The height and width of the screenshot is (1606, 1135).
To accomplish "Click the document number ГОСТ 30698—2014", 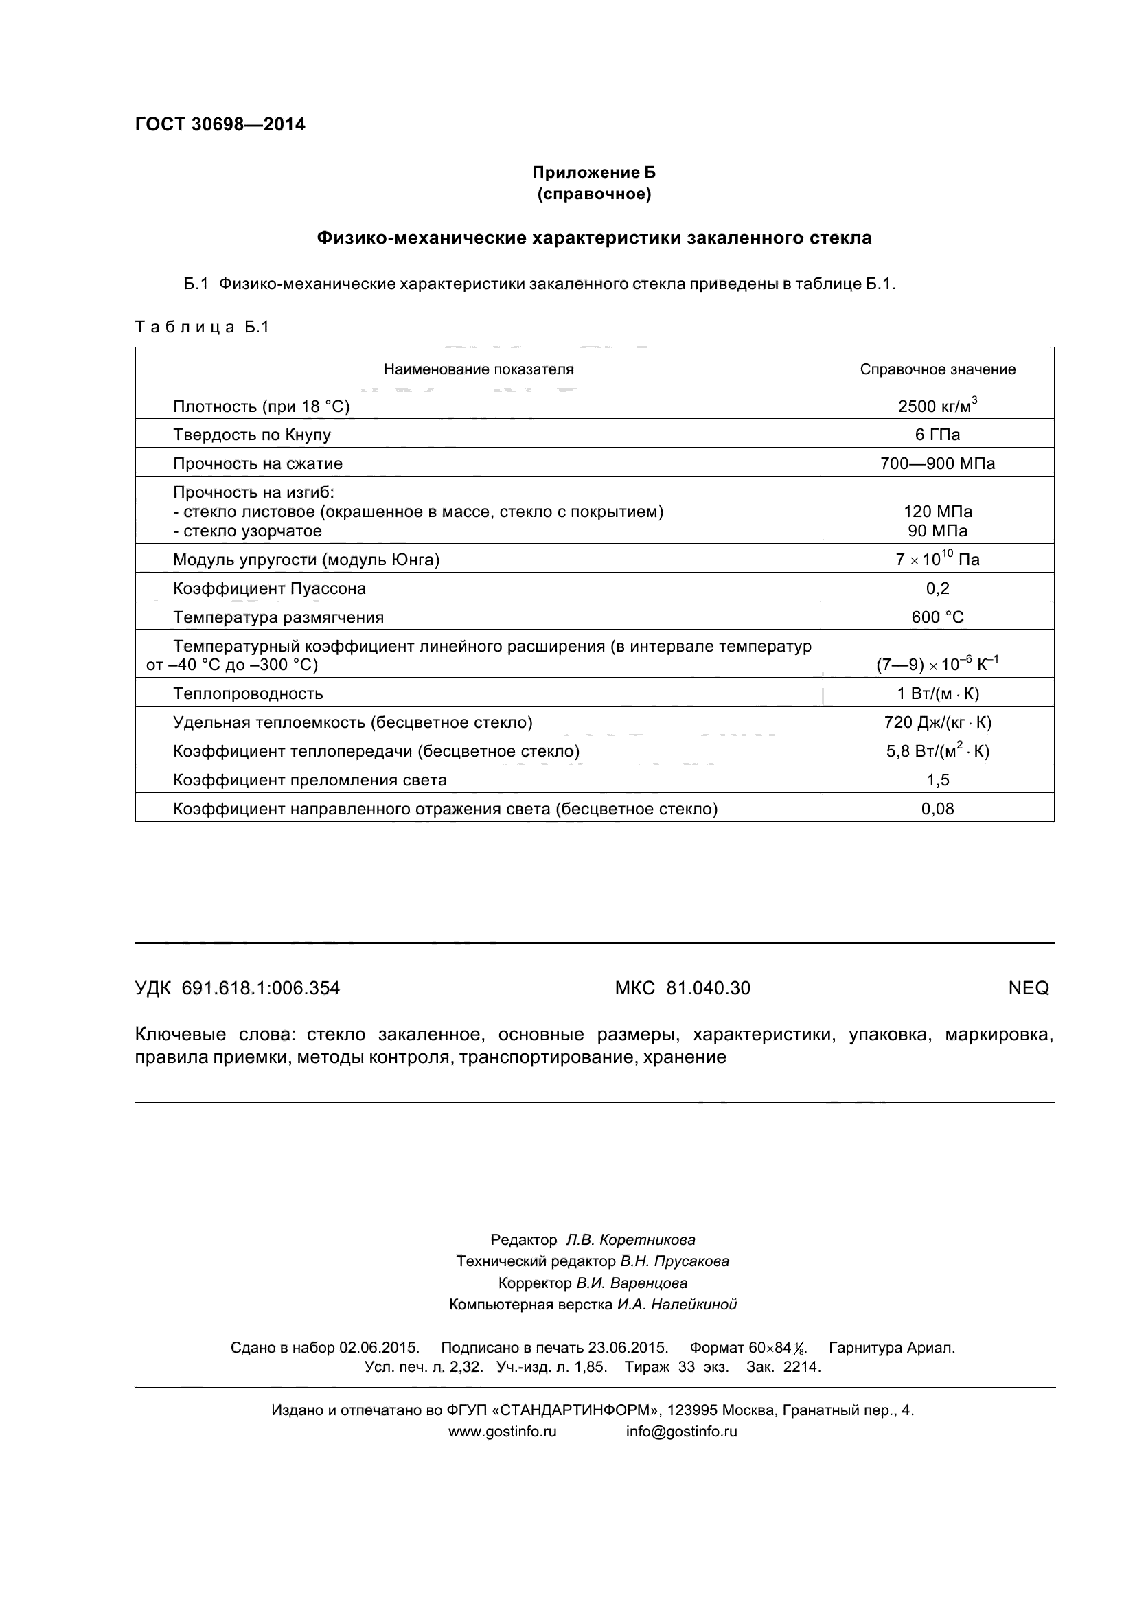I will point(220,124).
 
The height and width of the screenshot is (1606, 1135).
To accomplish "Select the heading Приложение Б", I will point(594,172).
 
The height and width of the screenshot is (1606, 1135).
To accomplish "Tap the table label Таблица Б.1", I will point(202,328).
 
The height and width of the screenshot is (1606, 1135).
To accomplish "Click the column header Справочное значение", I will point(937,369).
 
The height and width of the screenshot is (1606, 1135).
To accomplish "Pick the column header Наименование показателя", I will point(479,369).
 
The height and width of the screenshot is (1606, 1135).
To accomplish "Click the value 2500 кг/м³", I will point(937,406).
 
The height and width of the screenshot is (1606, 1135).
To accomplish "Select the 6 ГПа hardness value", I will point(937,435).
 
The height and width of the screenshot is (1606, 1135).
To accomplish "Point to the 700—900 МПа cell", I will point(937,463).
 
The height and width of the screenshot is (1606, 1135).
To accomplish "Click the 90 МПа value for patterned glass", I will point(937,531).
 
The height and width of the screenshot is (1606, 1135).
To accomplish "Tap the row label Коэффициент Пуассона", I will point(269,588).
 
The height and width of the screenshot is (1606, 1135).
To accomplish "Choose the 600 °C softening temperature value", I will point(937,617).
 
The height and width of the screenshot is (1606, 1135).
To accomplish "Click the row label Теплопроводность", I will point(249,693).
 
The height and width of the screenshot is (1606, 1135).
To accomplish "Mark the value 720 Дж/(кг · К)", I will point(937,722).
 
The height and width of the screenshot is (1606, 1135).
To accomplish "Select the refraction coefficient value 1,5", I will point(937,780).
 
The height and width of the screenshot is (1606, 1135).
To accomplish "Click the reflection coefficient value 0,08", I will point(937,809).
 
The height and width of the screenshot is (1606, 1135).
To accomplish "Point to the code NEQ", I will point(1028,987).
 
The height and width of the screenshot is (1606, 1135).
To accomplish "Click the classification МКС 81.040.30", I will point(683,987).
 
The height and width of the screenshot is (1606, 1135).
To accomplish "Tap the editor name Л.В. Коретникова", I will point(630,1240).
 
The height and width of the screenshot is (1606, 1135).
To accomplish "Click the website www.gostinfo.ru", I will point(502,1431).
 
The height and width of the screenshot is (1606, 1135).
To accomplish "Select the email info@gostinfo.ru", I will point(681,1431).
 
